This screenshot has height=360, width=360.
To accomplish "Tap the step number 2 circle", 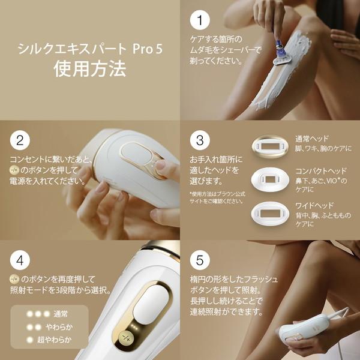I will click(20, 140).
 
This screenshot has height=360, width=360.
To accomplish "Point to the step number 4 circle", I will click(20, 261).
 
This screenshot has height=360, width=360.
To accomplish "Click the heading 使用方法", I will click(90, 68).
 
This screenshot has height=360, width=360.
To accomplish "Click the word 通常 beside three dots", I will click(61, 314).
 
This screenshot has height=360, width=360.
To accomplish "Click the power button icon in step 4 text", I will click(15, 280).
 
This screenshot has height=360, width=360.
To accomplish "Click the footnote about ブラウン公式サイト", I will click(217, 197).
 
